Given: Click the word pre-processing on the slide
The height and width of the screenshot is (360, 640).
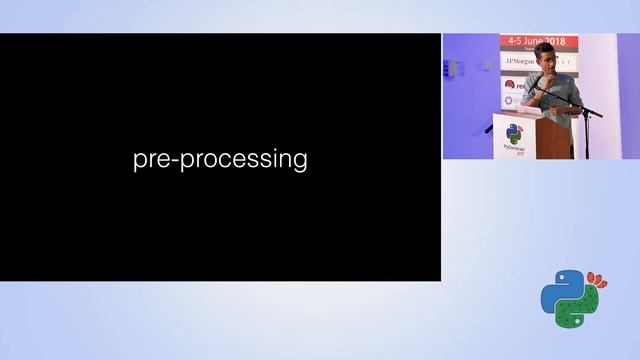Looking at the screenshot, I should [x=220, y=160].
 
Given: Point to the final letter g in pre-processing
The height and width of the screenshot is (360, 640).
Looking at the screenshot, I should [x=299, y=163].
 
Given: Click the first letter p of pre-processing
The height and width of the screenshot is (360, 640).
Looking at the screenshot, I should [x=139, y=163].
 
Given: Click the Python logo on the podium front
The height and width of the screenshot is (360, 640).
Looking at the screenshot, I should [x=514, y=134].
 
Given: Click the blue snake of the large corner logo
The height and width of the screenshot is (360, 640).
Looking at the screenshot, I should [x=558, y=293].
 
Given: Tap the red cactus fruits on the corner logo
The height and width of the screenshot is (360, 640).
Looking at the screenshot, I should [x=597, y=277].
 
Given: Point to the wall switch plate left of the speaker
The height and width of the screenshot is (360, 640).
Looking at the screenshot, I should [x=452, y=68].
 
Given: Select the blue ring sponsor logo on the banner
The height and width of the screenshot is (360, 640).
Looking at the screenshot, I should [x=508, y=100].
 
